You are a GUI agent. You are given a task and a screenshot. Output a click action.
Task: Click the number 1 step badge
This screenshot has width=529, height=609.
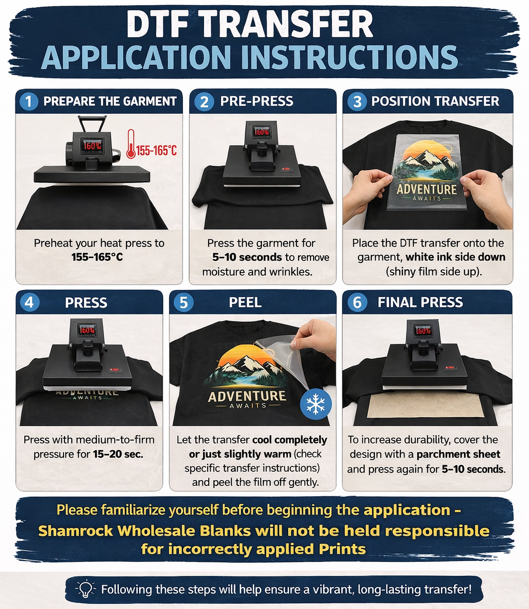29,101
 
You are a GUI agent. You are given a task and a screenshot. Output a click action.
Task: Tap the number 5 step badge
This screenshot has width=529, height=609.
183,302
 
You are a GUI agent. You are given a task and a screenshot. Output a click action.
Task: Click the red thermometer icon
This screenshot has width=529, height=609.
131,144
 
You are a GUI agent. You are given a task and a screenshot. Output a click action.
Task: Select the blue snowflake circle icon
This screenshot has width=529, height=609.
316,404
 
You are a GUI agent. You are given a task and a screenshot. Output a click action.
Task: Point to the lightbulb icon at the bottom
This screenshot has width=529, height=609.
85,589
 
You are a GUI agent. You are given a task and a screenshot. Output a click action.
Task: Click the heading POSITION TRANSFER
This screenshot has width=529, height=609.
435,101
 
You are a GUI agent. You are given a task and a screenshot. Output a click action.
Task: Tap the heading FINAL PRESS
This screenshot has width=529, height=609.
421,302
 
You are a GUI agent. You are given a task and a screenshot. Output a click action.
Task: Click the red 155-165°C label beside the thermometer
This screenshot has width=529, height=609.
157,150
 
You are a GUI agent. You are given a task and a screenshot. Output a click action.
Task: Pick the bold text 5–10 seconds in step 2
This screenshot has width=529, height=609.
247,257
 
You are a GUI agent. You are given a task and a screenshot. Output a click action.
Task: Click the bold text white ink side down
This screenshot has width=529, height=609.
455,257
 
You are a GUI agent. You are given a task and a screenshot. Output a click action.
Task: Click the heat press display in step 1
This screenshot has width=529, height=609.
92,145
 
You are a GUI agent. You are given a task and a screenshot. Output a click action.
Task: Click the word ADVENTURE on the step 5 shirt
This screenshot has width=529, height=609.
247,396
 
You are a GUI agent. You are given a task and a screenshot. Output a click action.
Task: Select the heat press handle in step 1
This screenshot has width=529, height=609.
92,124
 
